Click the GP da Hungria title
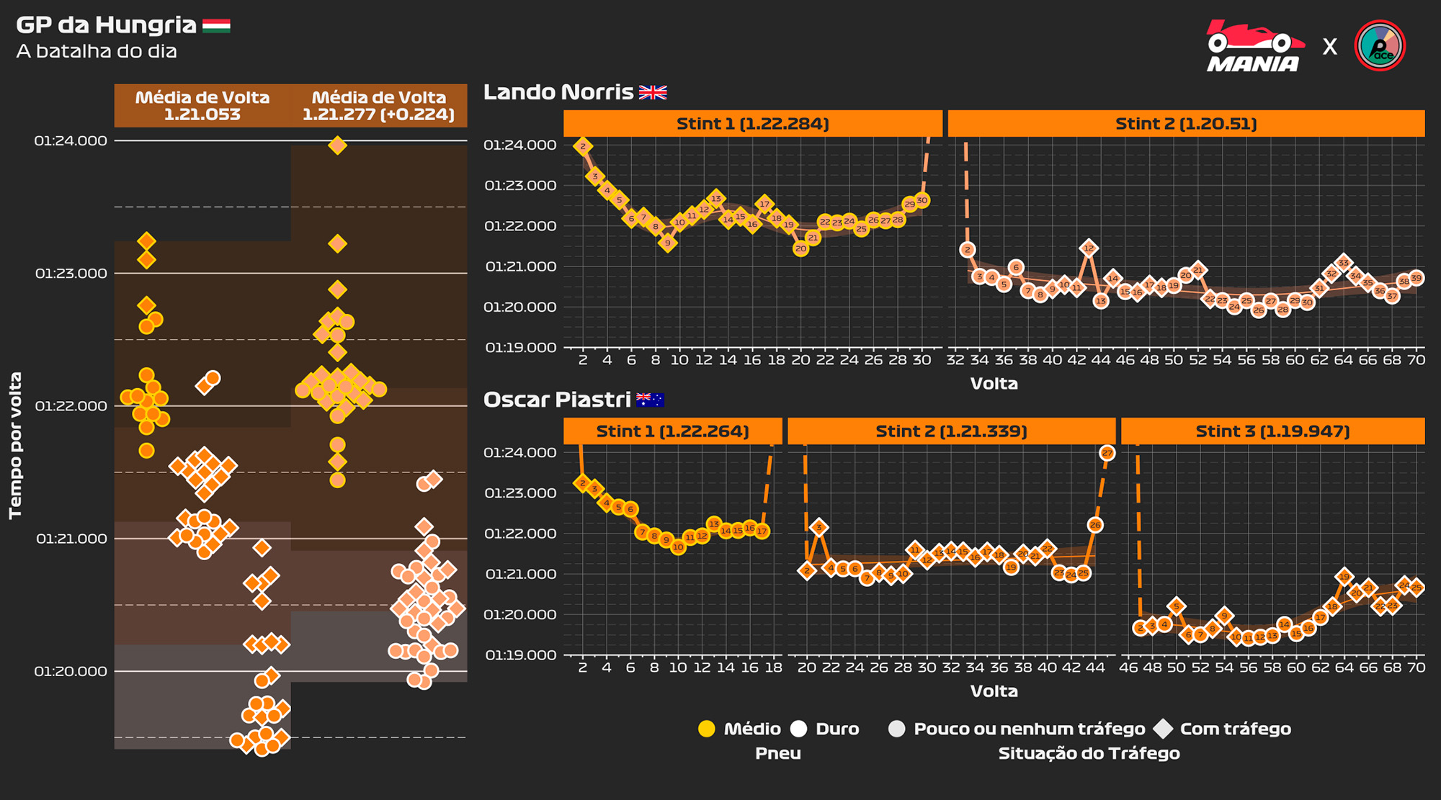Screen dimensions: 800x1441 (x=106, y=25)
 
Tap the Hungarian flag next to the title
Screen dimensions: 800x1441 (x=216, y=26)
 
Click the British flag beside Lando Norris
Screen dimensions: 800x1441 (x=653, y=92)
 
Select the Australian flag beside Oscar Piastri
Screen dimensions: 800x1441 (x=650, y=400)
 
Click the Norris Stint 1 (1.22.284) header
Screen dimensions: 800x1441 (x=752, y=124)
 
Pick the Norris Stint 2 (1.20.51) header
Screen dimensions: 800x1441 (x=1186, y=124)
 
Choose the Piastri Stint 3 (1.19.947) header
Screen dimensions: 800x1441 (x=1272, y=431)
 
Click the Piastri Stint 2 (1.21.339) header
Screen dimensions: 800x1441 (x=951, y=431)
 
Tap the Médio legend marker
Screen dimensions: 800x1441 (x=707, y=729)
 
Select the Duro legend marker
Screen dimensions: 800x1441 (x=798, y=729)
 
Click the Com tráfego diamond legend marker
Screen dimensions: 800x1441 (x=1163, y=729)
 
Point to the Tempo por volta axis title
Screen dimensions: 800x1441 (x=16, y=445)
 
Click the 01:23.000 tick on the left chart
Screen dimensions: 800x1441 (x=71, y=274)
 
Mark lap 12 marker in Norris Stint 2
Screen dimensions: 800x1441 (x=1089, y=248)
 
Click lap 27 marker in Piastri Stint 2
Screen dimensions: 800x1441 (x=1107, y=453)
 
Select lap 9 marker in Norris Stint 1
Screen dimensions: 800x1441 (x=668, y=243)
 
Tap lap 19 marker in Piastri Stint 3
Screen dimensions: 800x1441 (x=1344, y=577)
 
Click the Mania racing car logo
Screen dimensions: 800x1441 (x=1254, y=46)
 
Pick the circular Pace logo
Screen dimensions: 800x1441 (x=1380, y=46)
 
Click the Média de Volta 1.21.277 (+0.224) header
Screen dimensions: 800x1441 (x=379, y=106)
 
